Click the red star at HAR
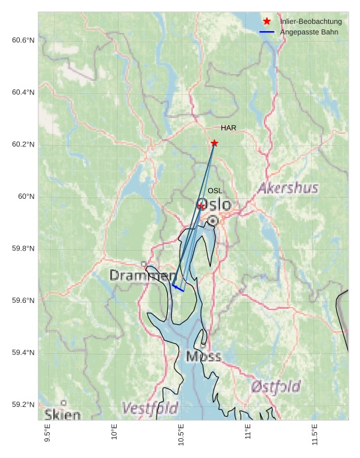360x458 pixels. click(214, 143)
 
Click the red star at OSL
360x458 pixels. click(202, 206)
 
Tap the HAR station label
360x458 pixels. click(229, 128)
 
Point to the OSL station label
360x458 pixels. click(215, 191)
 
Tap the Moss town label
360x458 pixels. click(204, 357)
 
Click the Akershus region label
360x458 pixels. click(288, 188)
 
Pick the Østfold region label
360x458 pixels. click(276, 386)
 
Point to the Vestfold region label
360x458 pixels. click(150, 407)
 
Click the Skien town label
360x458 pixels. click(62, 415)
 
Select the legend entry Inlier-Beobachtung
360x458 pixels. click(310, 22)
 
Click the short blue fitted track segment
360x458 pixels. click(178, 288)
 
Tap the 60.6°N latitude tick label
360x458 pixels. click(23, 40)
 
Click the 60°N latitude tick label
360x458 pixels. click(26, 197)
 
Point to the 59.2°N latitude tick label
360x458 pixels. click(23, 405)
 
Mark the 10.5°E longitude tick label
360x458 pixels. click(181, 433)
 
